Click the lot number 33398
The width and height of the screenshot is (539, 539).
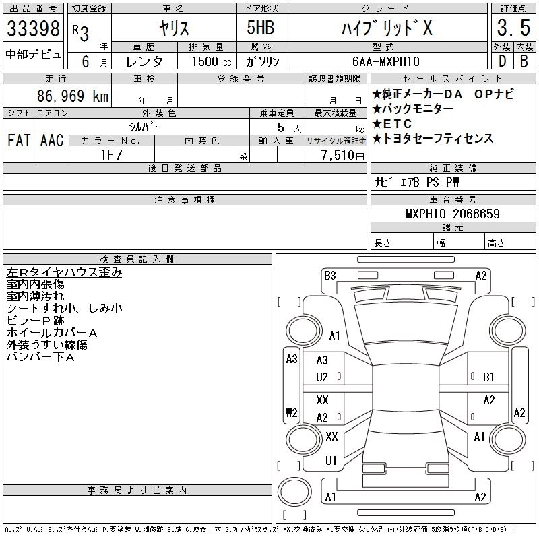[34, 29]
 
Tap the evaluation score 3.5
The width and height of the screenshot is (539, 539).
[511, 29]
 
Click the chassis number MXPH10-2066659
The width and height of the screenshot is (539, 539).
[452, 214]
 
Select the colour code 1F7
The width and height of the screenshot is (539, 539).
[110, 155]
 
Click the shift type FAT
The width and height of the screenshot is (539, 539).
[19, 141]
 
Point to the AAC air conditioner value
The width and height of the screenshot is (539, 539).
[52, 141]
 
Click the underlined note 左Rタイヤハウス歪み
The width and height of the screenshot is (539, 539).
[65, 272]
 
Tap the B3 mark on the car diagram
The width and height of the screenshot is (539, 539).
[329, 275]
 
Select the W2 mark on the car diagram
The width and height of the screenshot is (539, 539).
[292, 412]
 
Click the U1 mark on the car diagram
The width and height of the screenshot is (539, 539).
[331, 461]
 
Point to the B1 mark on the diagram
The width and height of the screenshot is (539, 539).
[488, 377]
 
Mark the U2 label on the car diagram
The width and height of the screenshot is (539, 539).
[322, 377]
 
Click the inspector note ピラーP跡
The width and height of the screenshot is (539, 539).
[38, 321]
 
